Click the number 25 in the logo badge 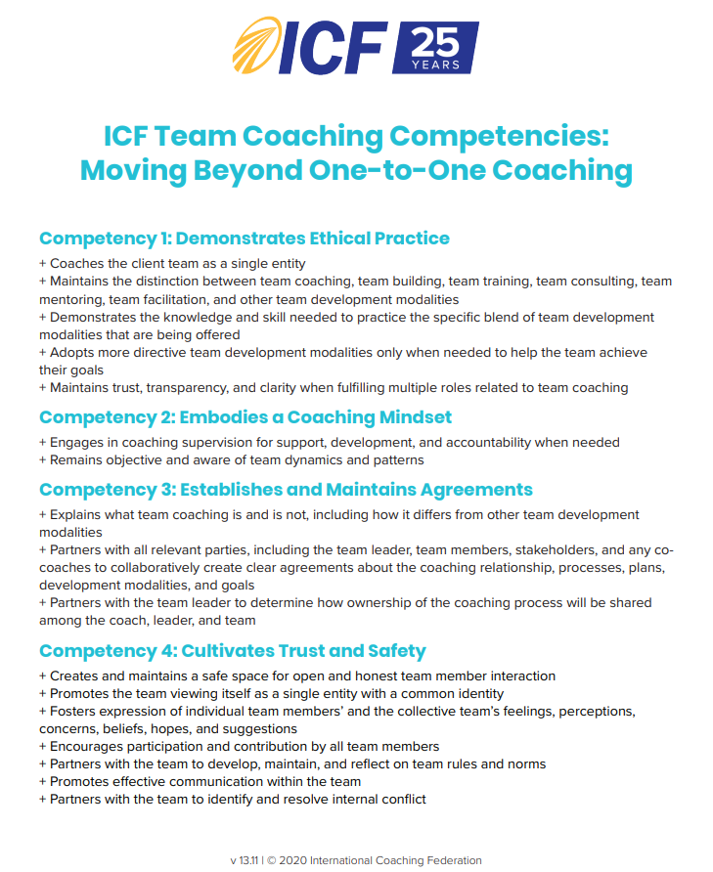point(435,44)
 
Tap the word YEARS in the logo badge point(435,65)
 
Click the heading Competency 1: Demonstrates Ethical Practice point(244,238)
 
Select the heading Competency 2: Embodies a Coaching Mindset point(245,416)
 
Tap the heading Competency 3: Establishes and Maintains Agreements point(286,489)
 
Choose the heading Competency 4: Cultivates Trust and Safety point(232,650)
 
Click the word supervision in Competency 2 point(216,442)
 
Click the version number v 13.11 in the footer point(245,860)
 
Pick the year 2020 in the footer point(294,860)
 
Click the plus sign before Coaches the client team point(42,263)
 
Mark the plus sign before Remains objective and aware point(42,459)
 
